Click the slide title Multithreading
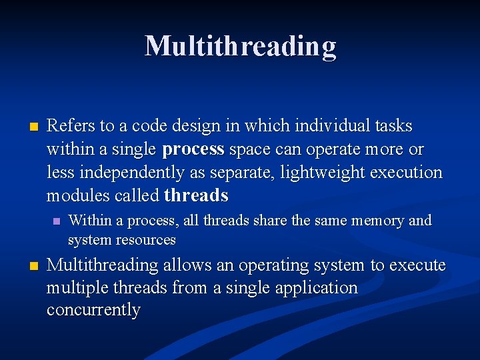pos(240,46)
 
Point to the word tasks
pos(393,126)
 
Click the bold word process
pos(193,149)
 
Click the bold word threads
pos(196,196)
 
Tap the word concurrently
pos(93,311)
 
